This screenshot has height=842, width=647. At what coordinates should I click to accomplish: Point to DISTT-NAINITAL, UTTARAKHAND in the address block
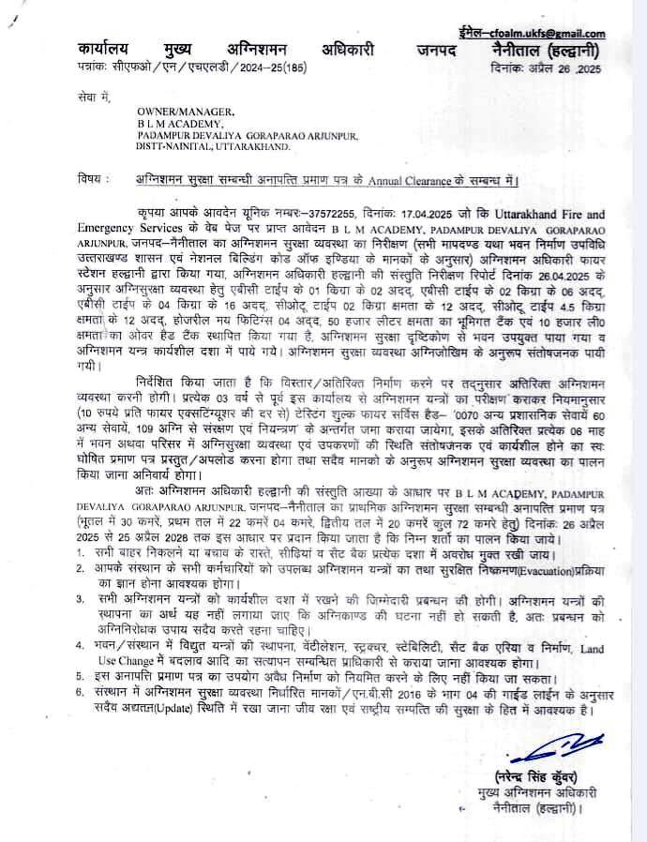click(x=214, y=146)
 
